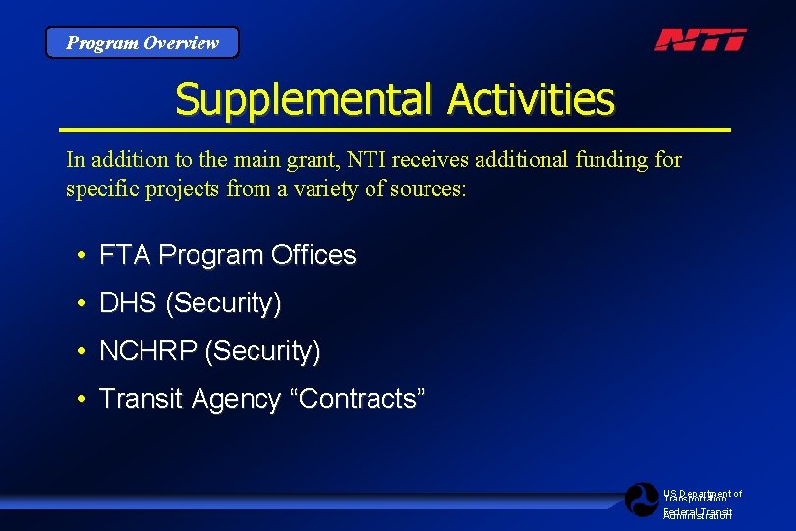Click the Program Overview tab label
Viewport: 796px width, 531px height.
coord(142,43)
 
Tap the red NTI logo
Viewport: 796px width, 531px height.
coord(701,39)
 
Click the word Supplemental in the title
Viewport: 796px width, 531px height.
coord(305,99)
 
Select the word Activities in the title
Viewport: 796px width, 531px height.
coord(531,99)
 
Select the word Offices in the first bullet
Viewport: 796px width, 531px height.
coord(313,255)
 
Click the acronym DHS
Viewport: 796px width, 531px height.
coord(129,303)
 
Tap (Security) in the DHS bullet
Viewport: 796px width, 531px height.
coord(224,304)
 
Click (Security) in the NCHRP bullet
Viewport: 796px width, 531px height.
coord(263,351)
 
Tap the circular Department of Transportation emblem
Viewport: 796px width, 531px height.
coord(642,500)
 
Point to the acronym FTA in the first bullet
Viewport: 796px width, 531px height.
coord(126,255)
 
